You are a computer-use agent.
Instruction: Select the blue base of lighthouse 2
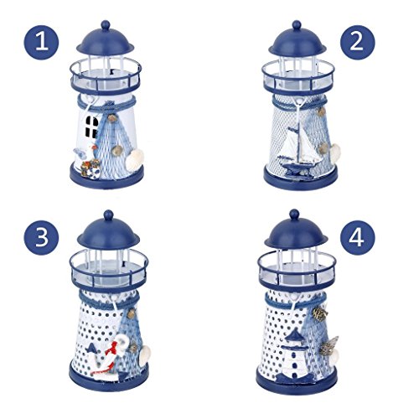[x=295, y=182]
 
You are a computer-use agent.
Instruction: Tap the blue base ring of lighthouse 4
[x=295, y=383]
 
